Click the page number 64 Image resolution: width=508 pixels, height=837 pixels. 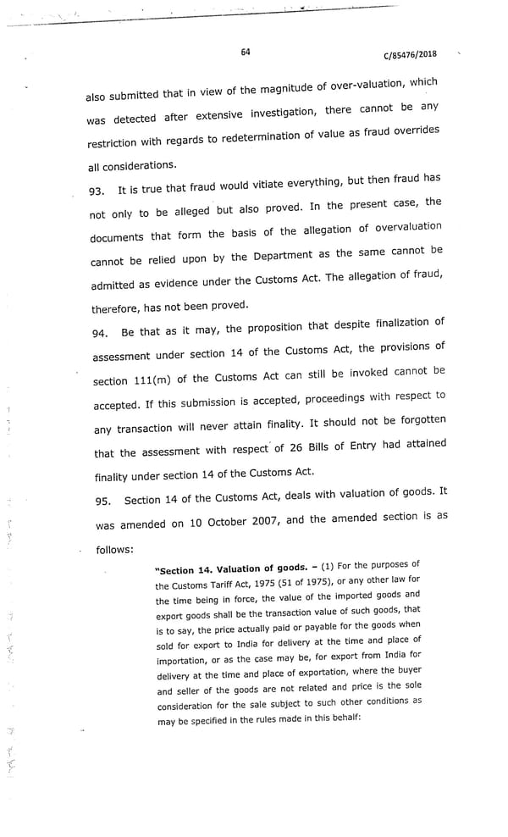(245, 52)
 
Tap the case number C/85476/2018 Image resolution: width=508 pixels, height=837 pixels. (411, 56)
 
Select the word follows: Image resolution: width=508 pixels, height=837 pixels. (115, 549)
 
